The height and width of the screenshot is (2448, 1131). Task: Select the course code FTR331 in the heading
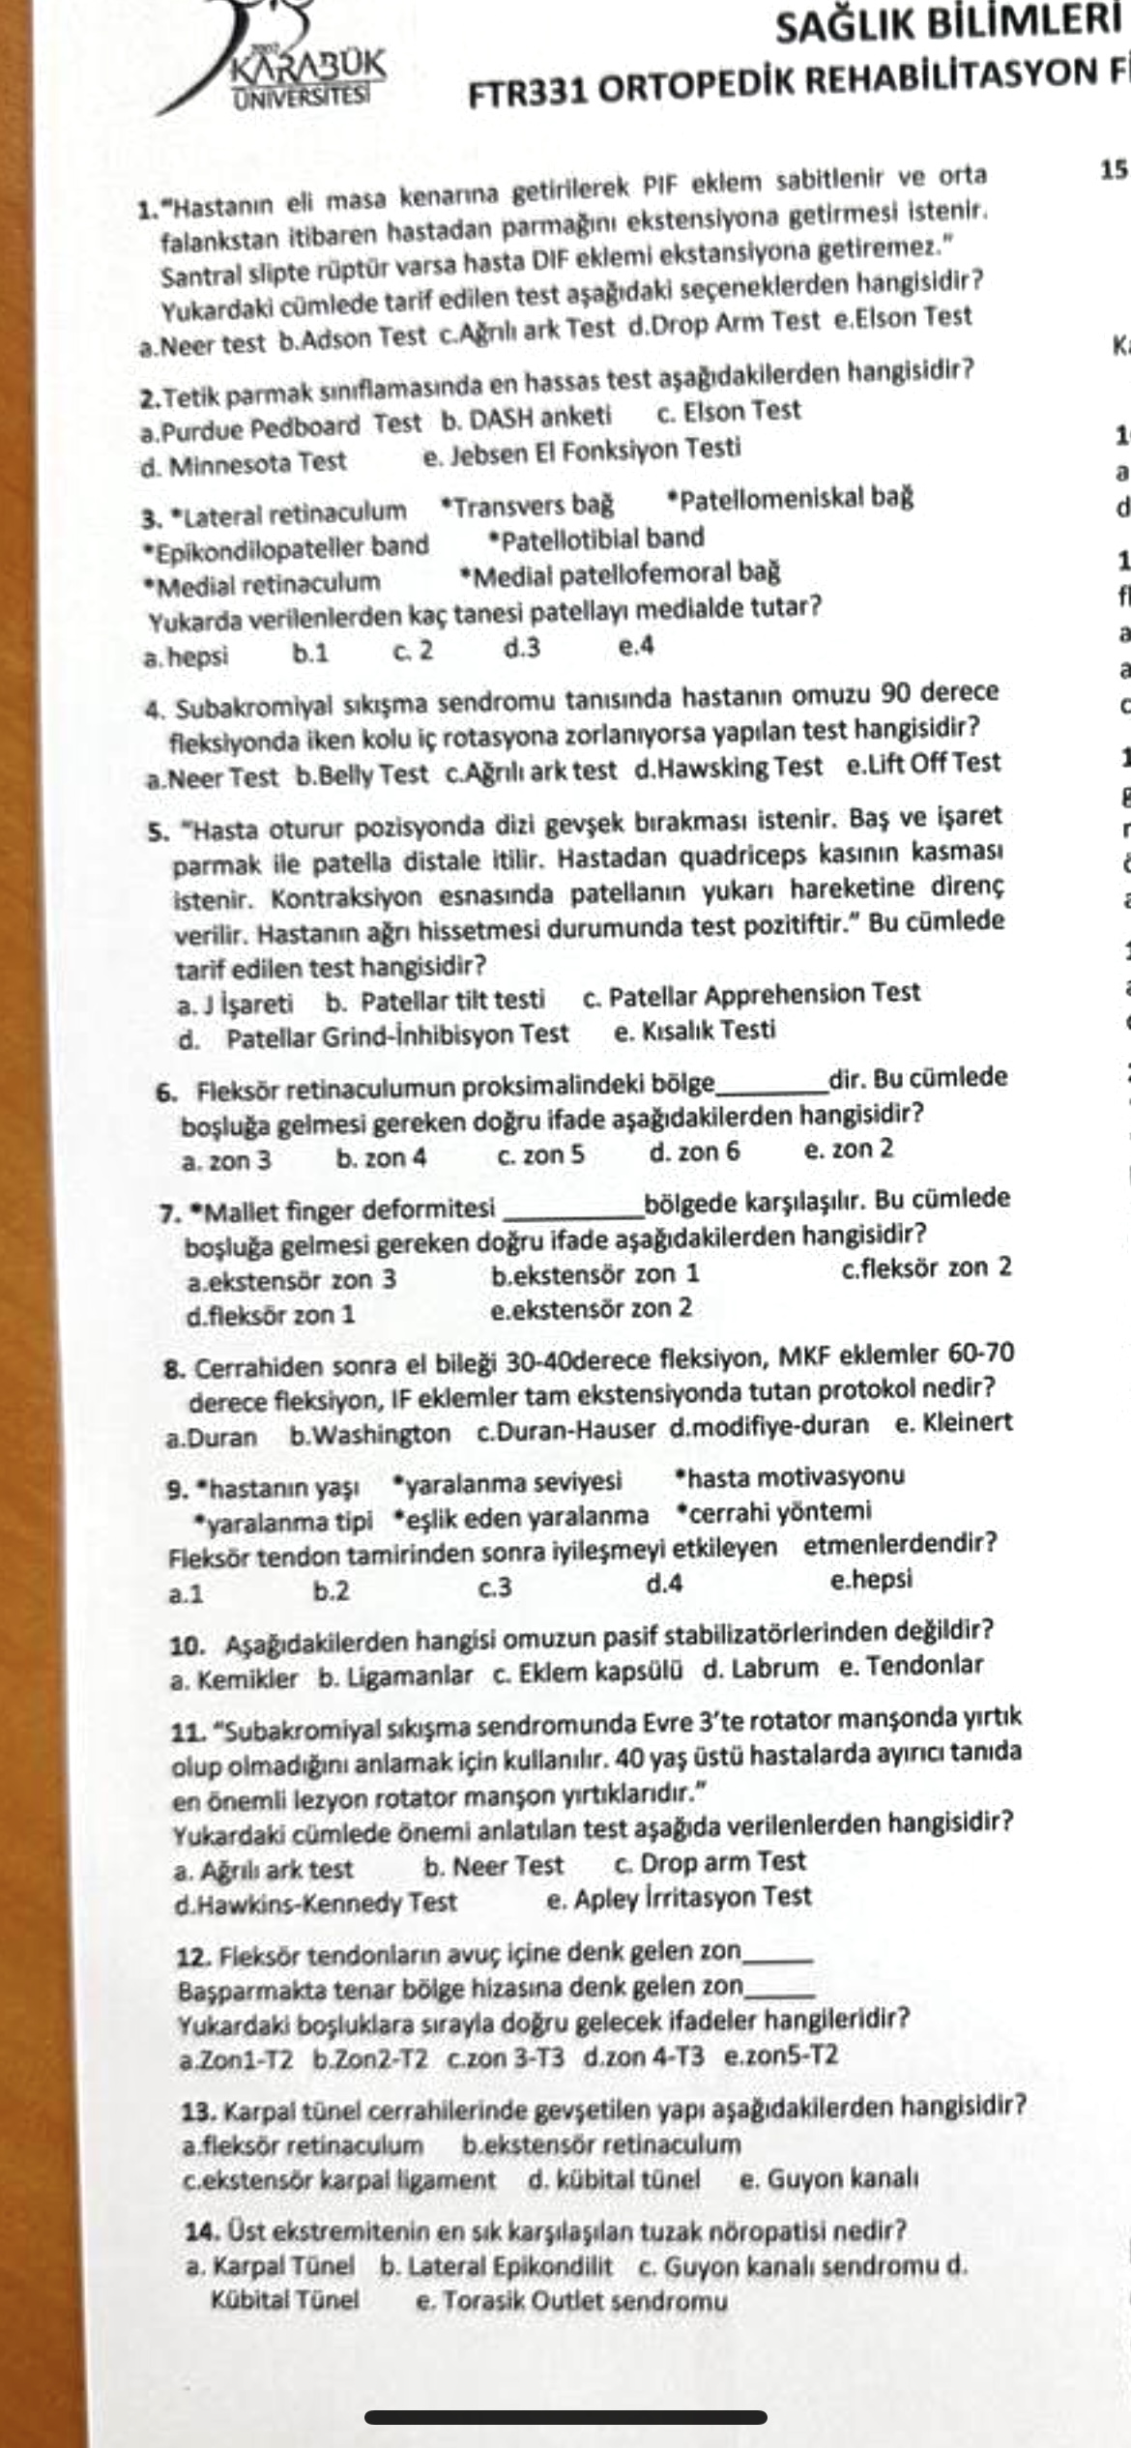tap(527, 93)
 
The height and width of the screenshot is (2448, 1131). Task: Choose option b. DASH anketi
tap(527, 417)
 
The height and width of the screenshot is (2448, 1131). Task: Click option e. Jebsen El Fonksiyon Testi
tap(582, 450)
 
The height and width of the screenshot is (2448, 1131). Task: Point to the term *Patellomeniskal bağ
tap(791, 499)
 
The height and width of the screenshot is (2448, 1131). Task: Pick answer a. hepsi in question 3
tap(186, 657)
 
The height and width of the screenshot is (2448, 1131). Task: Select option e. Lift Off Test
tap(923, 764)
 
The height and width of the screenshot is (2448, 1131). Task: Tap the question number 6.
tap(165, 1093)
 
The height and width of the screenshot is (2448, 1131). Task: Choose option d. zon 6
tap(695, 1151)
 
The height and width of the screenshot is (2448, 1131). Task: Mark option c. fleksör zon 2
tap(926, 1268)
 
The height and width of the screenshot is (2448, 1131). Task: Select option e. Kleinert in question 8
tap(953, 1423)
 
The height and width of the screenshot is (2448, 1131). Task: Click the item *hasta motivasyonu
tap(790, 1476)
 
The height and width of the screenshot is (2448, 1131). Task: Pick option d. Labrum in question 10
tap(761, 1669)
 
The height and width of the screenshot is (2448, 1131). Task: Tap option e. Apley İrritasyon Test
tap(679, 1897)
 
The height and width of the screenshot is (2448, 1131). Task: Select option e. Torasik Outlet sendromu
tap(571, 2301)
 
